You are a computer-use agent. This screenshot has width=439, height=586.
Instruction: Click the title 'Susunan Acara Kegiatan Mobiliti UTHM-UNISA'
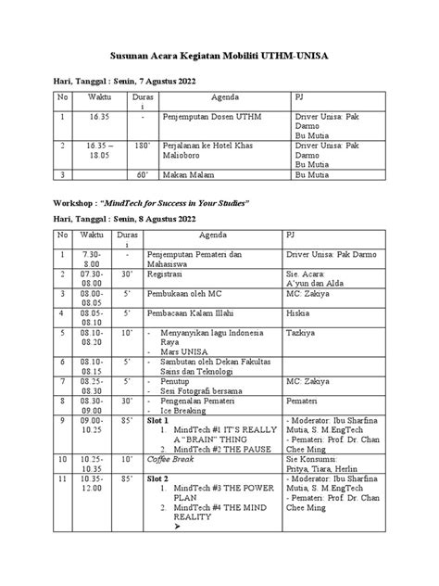click(219, 57)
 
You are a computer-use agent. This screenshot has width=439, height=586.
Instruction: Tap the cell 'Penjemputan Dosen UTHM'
click(207, 119)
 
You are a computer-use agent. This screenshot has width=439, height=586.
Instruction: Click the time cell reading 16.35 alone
click(98, 119)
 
